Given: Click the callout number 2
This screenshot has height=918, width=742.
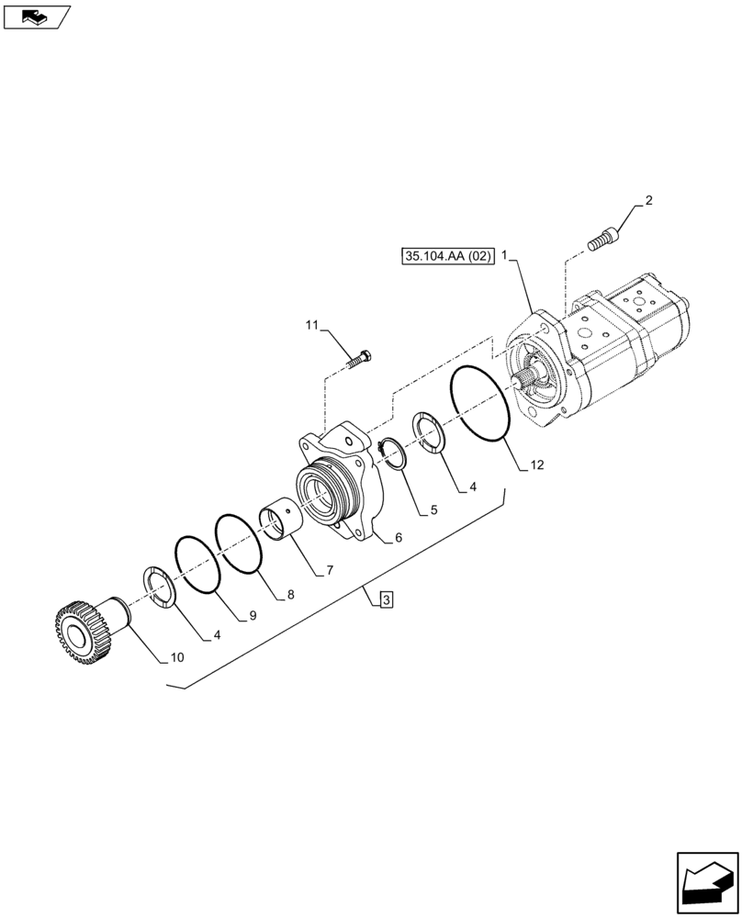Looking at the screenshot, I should click(648, 201).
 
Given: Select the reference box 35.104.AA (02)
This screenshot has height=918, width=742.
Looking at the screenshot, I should click(447, 257).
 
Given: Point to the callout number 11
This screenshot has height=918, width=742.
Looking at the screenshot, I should click(310, 326).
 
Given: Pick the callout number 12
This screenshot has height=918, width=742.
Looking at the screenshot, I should click(536, 465).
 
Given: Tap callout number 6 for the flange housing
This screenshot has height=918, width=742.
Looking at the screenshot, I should click(399, 539).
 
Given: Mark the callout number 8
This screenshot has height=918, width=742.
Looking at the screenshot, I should click(289, 595).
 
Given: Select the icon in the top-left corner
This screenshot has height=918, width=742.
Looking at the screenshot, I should click(38, 16).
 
